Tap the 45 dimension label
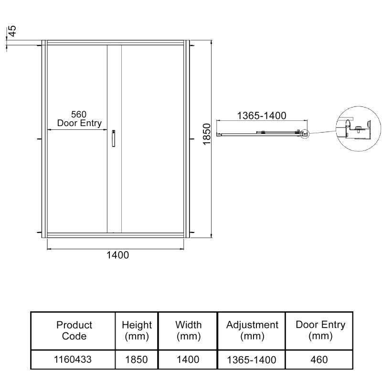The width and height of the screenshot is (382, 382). (x=13, y=32)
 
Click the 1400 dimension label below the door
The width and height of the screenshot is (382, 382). (x=117, y=255)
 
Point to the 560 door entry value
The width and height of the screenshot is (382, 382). (x=78, y=115)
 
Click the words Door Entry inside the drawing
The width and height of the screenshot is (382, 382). (x=79, y=123)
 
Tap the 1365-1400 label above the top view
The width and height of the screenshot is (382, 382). (x=261, y=115)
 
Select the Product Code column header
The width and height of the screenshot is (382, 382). (x=74, y=330)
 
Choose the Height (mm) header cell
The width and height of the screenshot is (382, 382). (x=137, y=330)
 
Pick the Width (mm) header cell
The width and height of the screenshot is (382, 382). (x=188, y=330)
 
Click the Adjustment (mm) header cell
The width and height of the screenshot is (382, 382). (x=252, y=330)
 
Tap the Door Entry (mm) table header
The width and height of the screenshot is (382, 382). (x=320, y=330)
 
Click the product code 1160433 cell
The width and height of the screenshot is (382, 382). (x=74, y=360)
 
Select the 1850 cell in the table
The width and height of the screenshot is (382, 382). (x=137, y=360)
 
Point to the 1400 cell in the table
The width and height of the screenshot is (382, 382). (x=188, y=360)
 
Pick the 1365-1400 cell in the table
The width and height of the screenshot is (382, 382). (x=252, y=360)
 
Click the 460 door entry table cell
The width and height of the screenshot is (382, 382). (x=320, y=360)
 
